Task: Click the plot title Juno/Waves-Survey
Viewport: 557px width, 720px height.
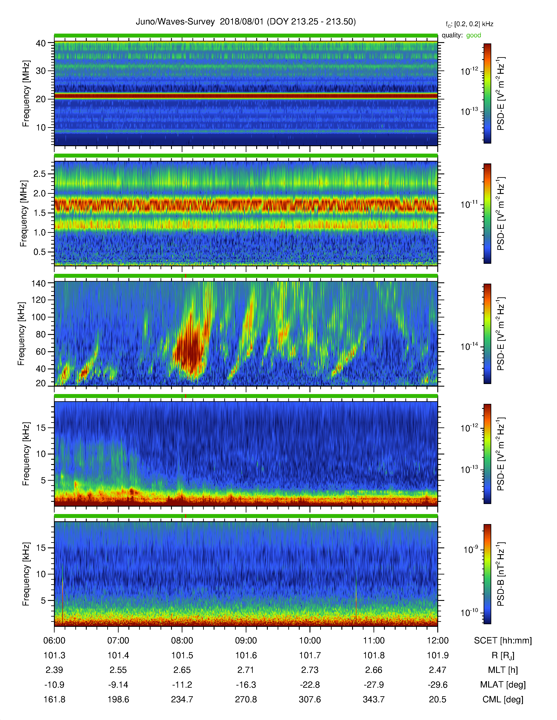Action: pyautogui.click(x=175, y=22)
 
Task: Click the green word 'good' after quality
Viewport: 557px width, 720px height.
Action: pyautogui.click(x=474, y=35)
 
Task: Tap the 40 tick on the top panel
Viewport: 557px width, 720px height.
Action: pyautogui.click(x=41, y=43)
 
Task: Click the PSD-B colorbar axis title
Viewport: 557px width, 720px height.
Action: pyautogui.click(x=501, y=574)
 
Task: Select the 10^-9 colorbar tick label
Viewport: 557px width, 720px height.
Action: pyautogui.click(x=471, y=550)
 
